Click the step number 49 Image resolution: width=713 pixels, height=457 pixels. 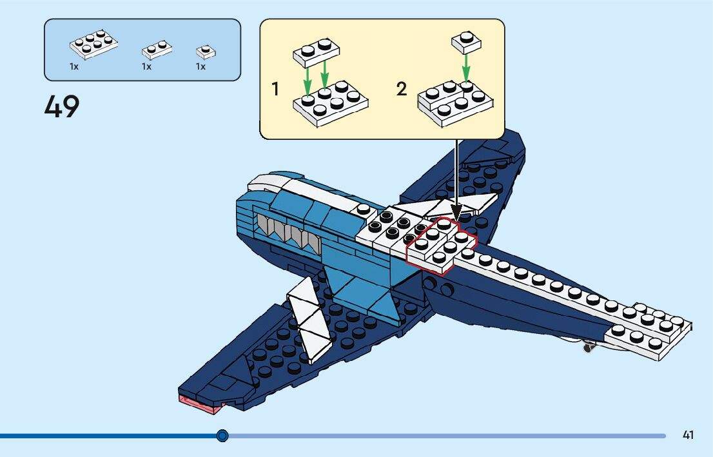pyautogui.click(x=62, y=107)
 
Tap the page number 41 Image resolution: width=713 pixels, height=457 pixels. pyautogui.click(x=688, y=435)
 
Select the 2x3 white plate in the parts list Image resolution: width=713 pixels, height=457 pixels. pyautogui.click(x=93, y=43)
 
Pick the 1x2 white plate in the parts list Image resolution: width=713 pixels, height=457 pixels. pyautogui.click(x=157, y=49)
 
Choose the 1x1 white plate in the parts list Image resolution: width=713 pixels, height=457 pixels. pyautogui.click(x=206, y=52)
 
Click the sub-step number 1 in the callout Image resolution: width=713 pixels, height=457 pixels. pyautogui.click(x=276, y=89)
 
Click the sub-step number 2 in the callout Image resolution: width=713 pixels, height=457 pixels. pyautogui.click(x=402, y=89)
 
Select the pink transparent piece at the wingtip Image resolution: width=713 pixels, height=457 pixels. pyautogui.click(x=200, y=404)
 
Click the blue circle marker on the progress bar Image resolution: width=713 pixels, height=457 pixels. pyautogui.click(x=222, y=436)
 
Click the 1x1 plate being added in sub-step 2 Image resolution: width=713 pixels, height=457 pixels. pyautogui.click(x=466, y=41)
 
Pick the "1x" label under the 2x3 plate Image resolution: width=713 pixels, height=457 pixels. pyautogui.click(x=74, y=66)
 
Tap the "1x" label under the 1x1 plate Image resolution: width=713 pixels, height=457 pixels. pyautogui.click(x=200, y=66)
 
